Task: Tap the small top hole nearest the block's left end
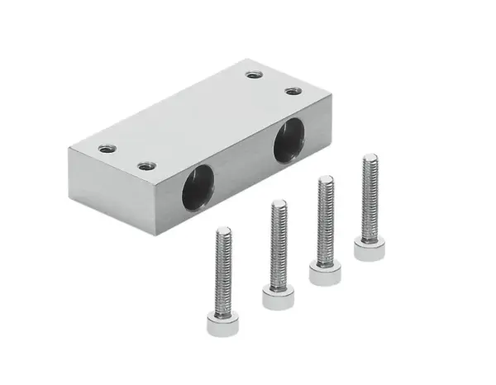(105, 150)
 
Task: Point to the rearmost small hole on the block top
(254, 75)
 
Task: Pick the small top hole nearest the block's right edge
(293, 91)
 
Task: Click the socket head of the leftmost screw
(222, 324)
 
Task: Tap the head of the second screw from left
(277, 296)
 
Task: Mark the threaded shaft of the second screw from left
(278, 244)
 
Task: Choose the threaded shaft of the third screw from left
(325, 219)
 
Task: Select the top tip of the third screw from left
(326, 178)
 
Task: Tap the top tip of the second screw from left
(278, 203)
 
